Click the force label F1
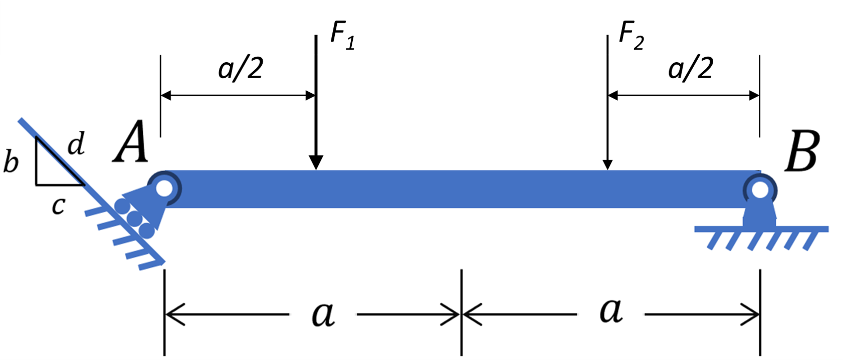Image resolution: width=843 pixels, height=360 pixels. (x=343, y=37)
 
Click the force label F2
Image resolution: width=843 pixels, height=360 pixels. (x=631, y=37)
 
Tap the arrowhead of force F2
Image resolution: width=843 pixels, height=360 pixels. (x=607, y=164)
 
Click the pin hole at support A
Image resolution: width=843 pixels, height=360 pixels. (x=164, y=188)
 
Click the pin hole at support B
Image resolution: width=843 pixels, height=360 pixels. (x=760, y=190)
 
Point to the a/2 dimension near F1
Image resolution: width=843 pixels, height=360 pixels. (x=241, y=68)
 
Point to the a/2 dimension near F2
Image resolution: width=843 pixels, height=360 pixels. (x=691, y=68)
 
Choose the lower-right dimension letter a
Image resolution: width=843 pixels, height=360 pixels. (x=611, y=311)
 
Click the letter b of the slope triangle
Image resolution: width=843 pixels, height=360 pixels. (x=11, y=162)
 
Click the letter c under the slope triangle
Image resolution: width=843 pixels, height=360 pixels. (x=58, y=205)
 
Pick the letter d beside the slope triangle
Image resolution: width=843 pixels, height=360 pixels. (x=76, y=145)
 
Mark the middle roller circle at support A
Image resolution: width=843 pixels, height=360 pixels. (x=134, y=218)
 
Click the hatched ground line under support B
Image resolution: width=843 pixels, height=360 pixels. (x=761, y=230)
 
